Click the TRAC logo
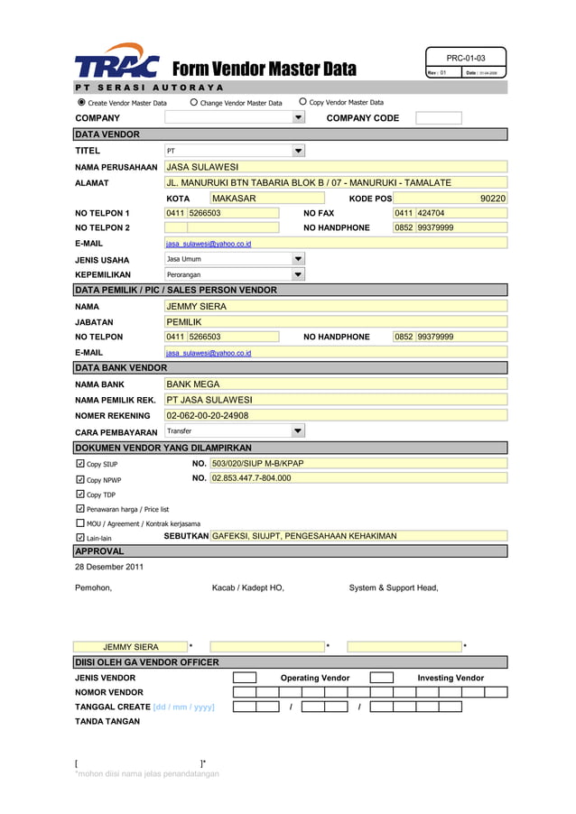(x=116, y=62)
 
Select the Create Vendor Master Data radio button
(x=80, y=103)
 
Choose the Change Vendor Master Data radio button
(x=194, y=103)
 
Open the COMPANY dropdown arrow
(x=299, y=118)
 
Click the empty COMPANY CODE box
(x=439, y=118)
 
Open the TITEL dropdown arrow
(x=299, y=151)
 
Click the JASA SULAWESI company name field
(x=203, y=167)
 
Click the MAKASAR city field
(x=235, y=199)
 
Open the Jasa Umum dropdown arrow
(x=299, y=259)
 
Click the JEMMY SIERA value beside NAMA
(x=197, y=307)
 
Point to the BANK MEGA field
(x=193, y=384)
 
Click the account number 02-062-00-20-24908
(x=208, y=416)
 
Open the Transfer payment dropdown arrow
(x=299, y=431)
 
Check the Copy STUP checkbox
(x=80, y=464)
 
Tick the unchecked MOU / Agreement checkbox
(x=80, y=523)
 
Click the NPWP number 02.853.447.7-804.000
(x=251, y=478)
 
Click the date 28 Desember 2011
(x=108, y=567)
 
